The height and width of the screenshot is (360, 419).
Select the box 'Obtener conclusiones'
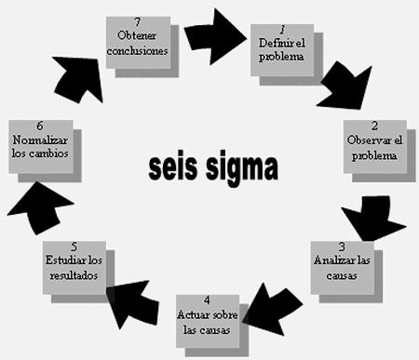click(x=137, y=38)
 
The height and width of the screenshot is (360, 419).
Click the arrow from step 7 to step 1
click(x=211, y=33)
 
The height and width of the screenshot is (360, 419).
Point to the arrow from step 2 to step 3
click(x=370, y=220)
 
